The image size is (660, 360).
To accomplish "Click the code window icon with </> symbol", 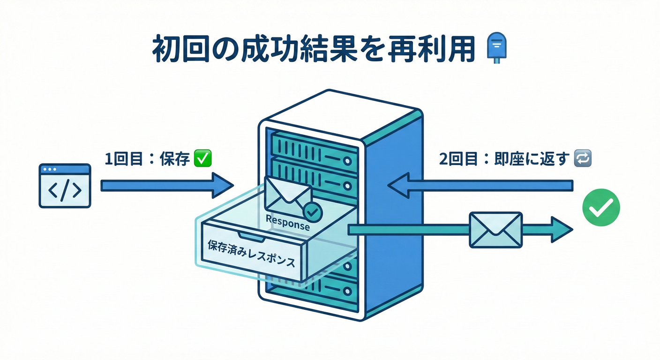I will coord(65,186).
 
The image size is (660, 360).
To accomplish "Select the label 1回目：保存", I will coord(146,159).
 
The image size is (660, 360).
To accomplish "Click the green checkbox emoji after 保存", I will coord(202,159).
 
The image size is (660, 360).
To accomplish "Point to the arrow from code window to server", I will coord(166,186).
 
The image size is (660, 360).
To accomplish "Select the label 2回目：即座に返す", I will coord(504,159).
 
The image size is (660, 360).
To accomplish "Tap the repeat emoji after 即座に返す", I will coord(583,159).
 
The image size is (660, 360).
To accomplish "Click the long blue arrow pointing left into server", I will coord(480,185).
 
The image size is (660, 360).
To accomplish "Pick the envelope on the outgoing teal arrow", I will coord(495,229).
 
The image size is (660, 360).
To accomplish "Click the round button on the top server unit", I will coord(347,161).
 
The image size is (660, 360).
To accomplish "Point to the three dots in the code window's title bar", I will coord(50,169).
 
